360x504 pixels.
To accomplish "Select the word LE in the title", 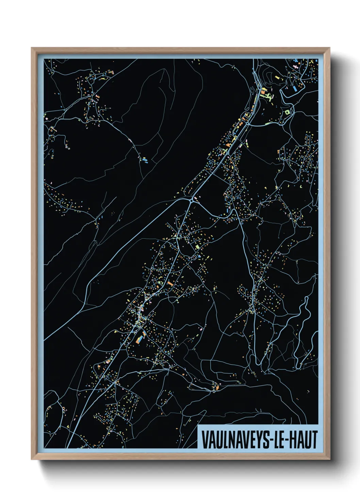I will (279, 439).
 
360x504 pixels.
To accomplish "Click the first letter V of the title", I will (205, 439).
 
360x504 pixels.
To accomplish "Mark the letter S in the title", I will (265, 439).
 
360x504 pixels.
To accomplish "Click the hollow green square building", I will (287, 112).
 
